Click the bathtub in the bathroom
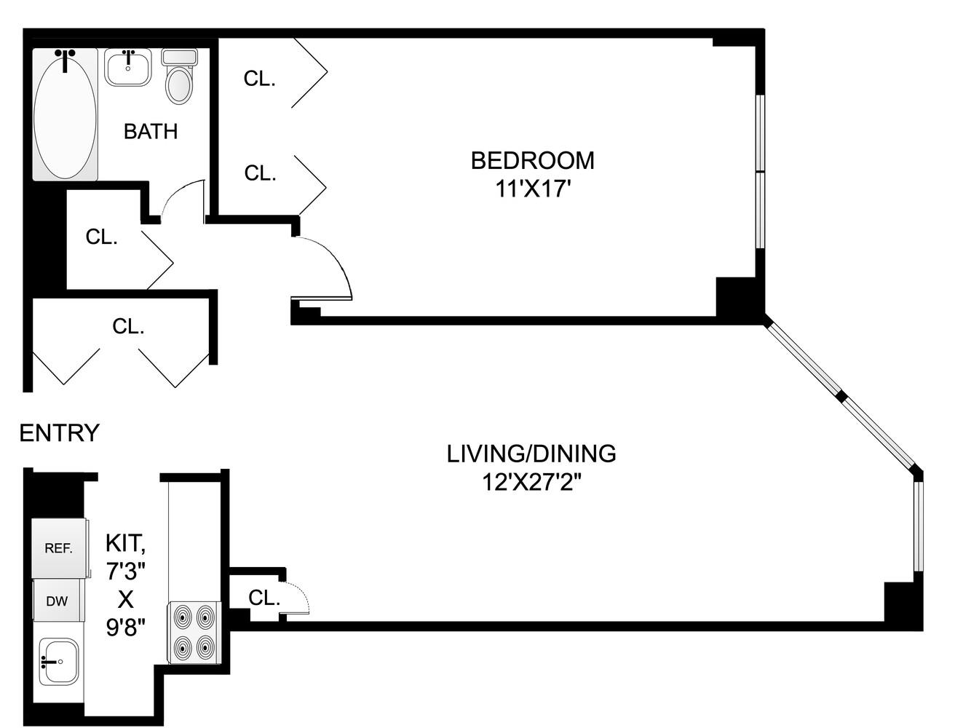[x=65, y=115]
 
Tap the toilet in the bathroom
[x=179, y=76]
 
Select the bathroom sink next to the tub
[x=128, y=68]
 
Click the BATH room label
[x=151, y=132]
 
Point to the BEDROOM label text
[x=532, y=160]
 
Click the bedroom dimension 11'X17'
[x=532, y=189]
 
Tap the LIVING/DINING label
[x=531, y=454]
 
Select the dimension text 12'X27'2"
[x=531, y=482]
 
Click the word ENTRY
[x=59, y=433]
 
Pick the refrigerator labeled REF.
[x=59, y=548]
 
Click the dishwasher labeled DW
[x=58, y=601]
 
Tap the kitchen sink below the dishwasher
[x=59, y=661]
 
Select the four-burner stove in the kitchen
[x=194, y=632]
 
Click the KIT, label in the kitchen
[x=126, y=543]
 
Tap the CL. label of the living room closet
[x=263, y=598]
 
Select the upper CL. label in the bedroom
[x=259, y=79]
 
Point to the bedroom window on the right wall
[x=760, y=172]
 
